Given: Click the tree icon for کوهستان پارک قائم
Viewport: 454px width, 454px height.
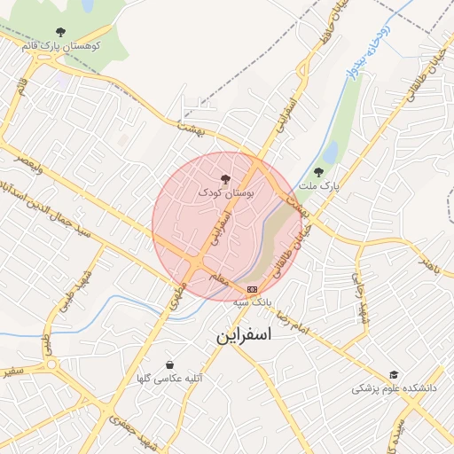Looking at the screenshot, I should pyautogui.click(x=60, y=31).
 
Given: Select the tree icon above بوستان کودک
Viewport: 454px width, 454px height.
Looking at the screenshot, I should pyautogui.click(x=224, y=179).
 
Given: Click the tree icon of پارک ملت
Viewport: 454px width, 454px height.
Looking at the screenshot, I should pyautogui.click(x=318, y=172).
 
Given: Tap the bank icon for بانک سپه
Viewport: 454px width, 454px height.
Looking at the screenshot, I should pyautogui.click(x=253, y=289).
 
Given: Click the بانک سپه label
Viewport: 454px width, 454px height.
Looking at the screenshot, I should pyautogui.click(x=252, y=302).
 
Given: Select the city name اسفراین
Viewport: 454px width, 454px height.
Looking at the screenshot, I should pyautogui.click(x=243, y=337).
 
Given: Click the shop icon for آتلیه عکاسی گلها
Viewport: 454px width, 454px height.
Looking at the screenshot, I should pyautogui.click(x=170, y=364).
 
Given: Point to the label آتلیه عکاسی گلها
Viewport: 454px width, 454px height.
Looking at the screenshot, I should pyautogui.click(x=170, y=379).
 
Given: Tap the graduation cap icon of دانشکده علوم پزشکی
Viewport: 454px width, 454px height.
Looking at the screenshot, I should pyautogui.click(x=394, y=375).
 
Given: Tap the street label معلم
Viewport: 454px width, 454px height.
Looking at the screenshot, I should pyautogui.click(x=219, y=279).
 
